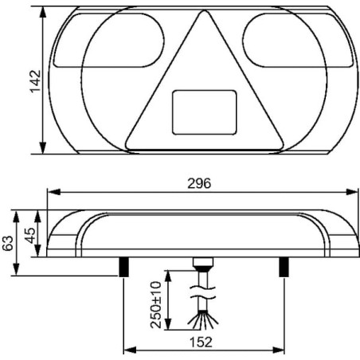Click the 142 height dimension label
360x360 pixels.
35,81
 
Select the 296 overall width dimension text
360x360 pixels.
199,183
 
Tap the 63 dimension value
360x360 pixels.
8,243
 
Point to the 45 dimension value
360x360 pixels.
29,235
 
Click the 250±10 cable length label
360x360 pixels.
156,305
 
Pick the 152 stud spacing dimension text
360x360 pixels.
201,342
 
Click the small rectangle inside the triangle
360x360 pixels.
205,112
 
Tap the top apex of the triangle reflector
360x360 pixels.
205,10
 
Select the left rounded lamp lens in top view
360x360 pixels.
109,40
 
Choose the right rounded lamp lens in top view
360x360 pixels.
298,40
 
